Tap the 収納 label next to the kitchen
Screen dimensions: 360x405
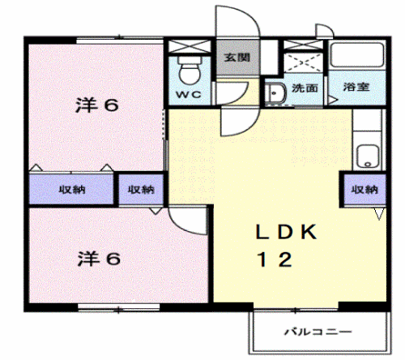point(364,190)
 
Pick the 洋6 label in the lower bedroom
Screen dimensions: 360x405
point(99,259)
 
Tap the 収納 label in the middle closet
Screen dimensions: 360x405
point(141,190)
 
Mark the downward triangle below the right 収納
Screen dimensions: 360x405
point(378,214)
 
